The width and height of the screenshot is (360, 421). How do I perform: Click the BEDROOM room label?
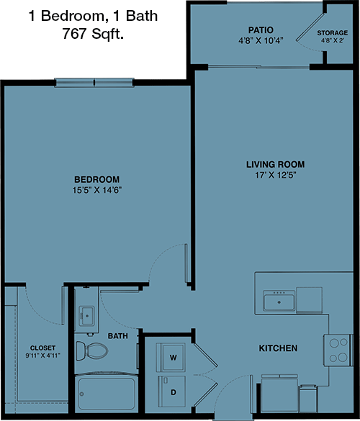[x=96, y=179]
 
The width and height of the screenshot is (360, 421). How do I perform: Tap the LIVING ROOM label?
[x=276, y=164]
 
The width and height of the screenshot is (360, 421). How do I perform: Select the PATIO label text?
[x=261, y=30]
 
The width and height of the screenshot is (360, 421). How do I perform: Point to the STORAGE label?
[x=333, y=33]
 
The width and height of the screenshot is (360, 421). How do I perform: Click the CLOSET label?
[x=42, y=348]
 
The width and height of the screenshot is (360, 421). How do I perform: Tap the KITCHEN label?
[x=278, y=348]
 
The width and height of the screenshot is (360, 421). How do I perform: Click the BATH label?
[x=117, y=336]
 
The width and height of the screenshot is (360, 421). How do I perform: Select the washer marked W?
[x=171, y=357]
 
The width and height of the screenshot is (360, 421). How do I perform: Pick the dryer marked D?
[x=172, y=391]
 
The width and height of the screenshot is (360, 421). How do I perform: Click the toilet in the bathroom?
[x=91, y=350]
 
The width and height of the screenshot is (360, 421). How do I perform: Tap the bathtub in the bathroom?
[x=107, y=393]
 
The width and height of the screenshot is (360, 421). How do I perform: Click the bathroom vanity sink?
[x=86, y=316]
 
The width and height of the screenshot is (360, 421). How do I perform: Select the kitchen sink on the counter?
[x=279, y=301]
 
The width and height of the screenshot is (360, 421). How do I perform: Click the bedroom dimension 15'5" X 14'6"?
[x=97, y=190]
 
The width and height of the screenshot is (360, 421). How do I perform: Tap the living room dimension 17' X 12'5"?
[x=276, y=175]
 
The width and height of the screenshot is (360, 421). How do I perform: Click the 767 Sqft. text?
[x=93, y=34]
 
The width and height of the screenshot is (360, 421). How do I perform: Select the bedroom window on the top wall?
[x=94, y=83]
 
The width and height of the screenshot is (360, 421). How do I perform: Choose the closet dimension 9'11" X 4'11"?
[x=42, y=356]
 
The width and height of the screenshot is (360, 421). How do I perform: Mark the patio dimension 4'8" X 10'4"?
[x=261, y=41]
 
